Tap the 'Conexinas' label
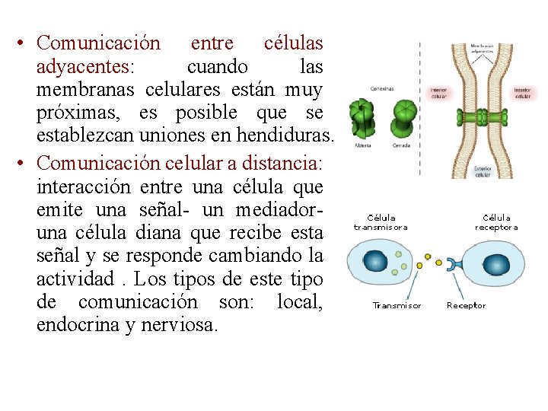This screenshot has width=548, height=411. click(x=382, y=88)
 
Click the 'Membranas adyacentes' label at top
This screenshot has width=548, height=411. click(x=481, y=49)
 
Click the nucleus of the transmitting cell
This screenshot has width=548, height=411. click(x=375, y=261)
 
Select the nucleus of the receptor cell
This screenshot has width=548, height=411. click(x=498, y=264)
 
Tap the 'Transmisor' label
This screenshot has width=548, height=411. click(x=397, y=306)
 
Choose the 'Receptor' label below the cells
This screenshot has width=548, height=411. click(x=466, y=306)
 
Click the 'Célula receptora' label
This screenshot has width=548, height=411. click(x=496, y=222)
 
